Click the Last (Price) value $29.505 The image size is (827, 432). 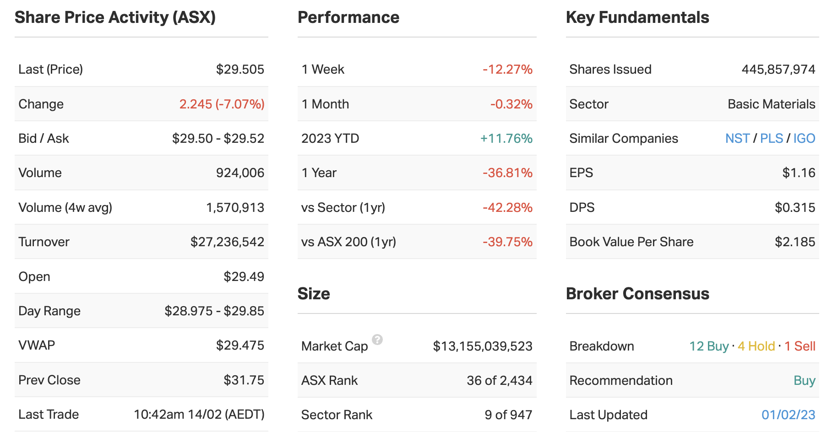click(240, 70)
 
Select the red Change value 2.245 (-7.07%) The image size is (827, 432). click(222, 104)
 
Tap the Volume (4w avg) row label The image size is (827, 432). click(65, 208)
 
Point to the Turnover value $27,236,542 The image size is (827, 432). click(227, 242)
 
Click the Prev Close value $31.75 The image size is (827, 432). click(244, 380)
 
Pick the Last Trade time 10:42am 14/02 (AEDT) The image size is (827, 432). click(199, 415)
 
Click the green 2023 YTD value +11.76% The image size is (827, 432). click(506, 139)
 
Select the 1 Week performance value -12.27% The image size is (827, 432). click(507, 70)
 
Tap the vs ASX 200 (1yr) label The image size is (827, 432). click(348, 242)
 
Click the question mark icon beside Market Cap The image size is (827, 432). click(377, 340)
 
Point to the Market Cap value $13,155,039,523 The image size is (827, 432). click(483, 346)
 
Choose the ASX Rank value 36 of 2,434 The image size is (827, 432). click(499, 381)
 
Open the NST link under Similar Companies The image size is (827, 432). click(737, 139)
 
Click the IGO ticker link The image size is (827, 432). click(804, 139)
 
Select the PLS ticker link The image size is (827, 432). click(772, 139)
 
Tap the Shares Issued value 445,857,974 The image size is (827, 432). click(778, 70)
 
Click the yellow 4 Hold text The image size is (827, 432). click(756, 346)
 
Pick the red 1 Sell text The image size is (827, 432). click(800, 346)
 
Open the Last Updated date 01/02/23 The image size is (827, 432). click(788, 415)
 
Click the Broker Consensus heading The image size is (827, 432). click(637, 294)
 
